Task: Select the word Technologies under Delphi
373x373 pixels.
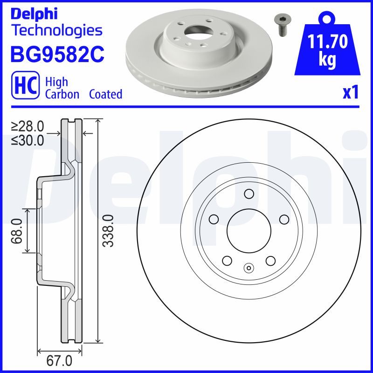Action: (56, 31)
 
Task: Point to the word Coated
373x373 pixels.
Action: (105, 94)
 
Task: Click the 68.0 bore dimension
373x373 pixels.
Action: (18, 231)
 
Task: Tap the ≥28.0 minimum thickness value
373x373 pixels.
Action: (28, 126)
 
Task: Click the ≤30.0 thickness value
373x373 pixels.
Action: (28, 139)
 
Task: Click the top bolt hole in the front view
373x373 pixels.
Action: (249, 193)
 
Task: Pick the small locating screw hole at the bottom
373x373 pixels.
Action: (249, 268)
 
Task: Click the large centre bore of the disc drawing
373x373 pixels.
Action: (249, 231)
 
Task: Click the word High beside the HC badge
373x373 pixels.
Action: (56, 82)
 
